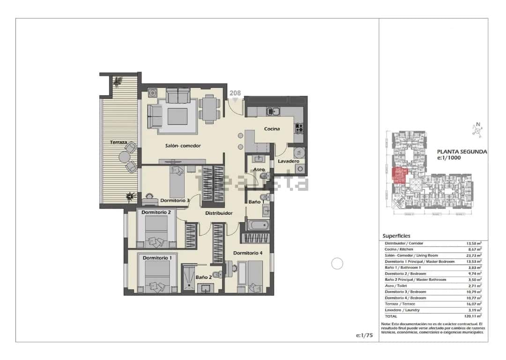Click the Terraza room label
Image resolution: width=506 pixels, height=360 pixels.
[119, 142]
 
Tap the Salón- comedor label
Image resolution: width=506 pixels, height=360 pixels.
[183, 146]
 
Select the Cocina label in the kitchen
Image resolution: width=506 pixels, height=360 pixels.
[272, 129]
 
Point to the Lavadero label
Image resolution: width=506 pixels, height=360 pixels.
[288, 161]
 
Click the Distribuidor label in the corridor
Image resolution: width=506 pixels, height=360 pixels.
[219, 213]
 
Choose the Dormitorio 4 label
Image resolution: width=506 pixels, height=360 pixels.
[248, 253]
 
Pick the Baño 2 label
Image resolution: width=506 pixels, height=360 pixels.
[204, 277]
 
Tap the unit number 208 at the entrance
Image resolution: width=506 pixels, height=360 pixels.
[235, 93]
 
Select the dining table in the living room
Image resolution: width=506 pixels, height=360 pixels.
[209, 109]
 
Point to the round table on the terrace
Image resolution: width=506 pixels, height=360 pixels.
[125, 157]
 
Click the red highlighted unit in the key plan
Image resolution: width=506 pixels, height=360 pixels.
[398, 175]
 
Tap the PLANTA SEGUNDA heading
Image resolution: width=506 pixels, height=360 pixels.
[461, 152]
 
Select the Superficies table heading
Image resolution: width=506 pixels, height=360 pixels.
[396, 236]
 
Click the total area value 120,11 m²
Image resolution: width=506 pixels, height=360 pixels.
[474, 316]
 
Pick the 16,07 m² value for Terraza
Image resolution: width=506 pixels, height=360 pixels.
[474, 304]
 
